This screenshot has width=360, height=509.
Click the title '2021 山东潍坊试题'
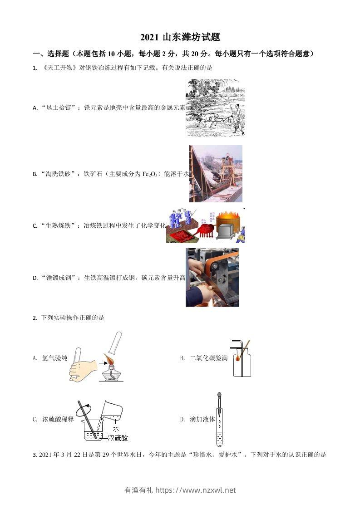click(x=180, y=38)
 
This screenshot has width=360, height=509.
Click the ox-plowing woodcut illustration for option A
click(x=215, y=107)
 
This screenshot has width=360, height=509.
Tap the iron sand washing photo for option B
click(x=216, y=173)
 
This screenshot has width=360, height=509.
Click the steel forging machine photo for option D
click(x=212, y=277)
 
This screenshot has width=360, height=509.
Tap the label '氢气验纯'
click(x=54, y=358)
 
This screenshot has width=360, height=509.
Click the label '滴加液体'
click(x=202, y=420)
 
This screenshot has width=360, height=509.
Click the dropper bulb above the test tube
click(x=220, y=396)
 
